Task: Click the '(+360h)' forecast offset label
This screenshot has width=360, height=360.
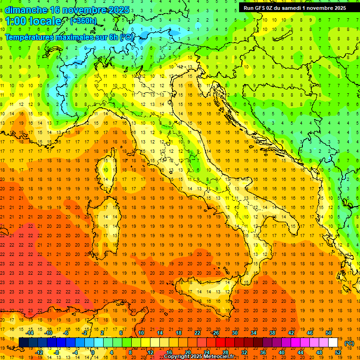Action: (83, 21)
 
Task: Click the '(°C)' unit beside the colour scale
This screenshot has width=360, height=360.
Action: (349, 343)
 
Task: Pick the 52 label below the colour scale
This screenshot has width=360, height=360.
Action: (338, 352)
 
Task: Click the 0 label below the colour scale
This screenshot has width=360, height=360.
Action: (92, 352)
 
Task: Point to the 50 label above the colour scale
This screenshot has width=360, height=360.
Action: (329, 333)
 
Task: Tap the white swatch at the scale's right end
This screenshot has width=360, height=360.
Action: (333, 343)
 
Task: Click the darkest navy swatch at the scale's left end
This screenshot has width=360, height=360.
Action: (23, 343)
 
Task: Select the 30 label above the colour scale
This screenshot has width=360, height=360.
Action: (234, 333)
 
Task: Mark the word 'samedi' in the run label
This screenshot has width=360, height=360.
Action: (291, 7)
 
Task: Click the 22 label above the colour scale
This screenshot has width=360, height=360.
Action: (197, 333)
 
